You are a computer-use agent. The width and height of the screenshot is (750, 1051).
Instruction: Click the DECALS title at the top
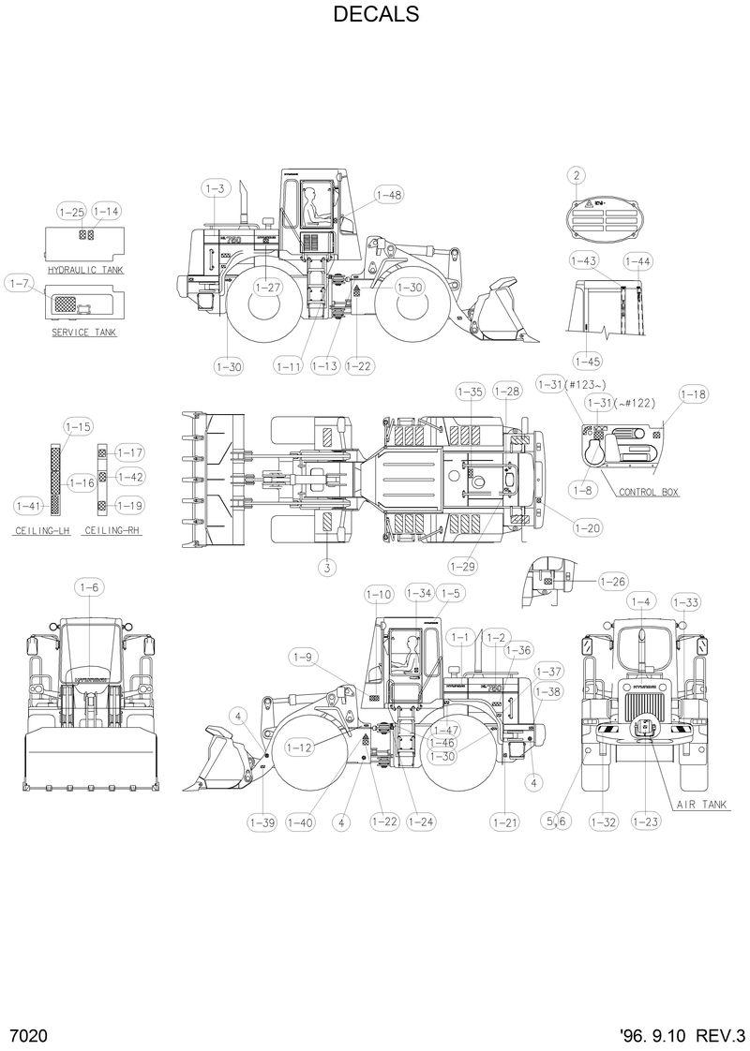pyautogui.click(x=374, y=15)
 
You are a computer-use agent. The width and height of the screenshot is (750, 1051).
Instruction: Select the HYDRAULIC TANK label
pyautogui.click(x=85, y=269)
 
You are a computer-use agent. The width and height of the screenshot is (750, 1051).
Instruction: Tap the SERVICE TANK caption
pyautogui.click(x=84, y=333)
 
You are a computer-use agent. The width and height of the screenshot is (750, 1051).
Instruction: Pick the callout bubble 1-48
pyautogui.click(x=388, y=195)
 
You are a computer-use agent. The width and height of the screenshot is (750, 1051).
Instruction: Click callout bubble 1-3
pyautogui.click(x=215, y=188)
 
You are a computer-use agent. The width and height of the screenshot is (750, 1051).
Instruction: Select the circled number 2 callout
pyautogui.click(x=576, y=174)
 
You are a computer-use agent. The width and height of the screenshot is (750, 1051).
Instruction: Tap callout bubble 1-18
pyautogui.click(x=693, y=394)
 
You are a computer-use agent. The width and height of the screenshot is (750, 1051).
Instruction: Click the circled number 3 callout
pyautogui.click(x=326, y=567)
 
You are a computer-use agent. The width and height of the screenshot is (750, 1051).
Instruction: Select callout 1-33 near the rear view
pyautogui.click(x=685, y=602)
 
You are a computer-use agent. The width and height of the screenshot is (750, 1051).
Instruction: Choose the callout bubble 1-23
pyautogui.click(x=646, y=822)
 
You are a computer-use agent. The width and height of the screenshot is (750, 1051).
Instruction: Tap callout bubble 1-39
pyautogui.click(x=262, y=822)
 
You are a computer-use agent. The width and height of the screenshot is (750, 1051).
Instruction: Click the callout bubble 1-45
pyautogui.click(x=588, y=361)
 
